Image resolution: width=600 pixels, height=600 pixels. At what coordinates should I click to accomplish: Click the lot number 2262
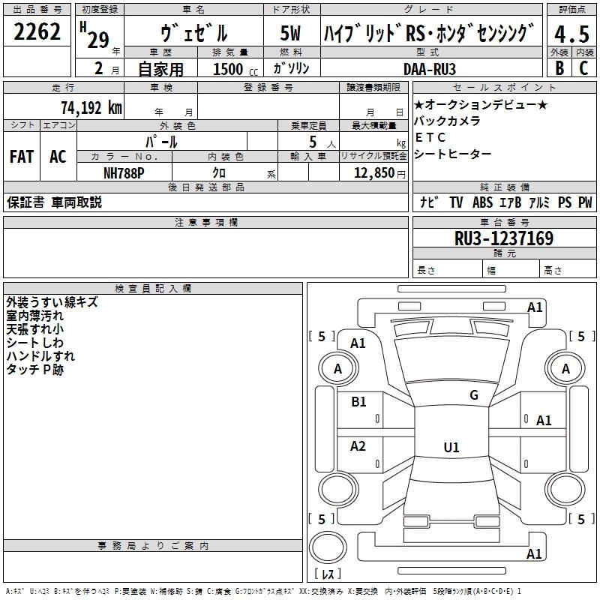click(x=37, y=33)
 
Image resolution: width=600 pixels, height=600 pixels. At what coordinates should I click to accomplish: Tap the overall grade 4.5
click(x=571, y=35)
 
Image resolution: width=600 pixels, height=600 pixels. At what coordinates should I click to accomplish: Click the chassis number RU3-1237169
click(x=504, y=238)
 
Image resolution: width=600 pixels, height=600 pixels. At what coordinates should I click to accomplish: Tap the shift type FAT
click(x=21, y=157)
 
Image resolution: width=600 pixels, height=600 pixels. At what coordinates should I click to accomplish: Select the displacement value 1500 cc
click(x=232, y=69)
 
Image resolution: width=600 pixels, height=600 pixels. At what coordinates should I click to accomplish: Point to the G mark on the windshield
click(x=473, y=395)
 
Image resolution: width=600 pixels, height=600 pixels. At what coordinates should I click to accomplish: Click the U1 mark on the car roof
click(x=451, y=447)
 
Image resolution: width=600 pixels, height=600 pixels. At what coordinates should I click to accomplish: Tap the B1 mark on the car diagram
click(x=358, y=402)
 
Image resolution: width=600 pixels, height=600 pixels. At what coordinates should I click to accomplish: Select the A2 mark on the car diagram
click(x=358, y=446)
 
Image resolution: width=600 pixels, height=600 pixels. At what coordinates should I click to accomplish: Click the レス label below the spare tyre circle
click(x=328, y=574)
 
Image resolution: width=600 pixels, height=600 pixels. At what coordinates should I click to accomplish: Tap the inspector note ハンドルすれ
click(x=40, y=356)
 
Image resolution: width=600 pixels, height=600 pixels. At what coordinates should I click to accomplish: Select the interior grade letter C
click(x=583, y=68)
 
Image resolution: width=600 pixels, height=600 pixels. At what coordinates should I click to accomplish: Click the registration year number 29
click(x=97, y=40)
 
